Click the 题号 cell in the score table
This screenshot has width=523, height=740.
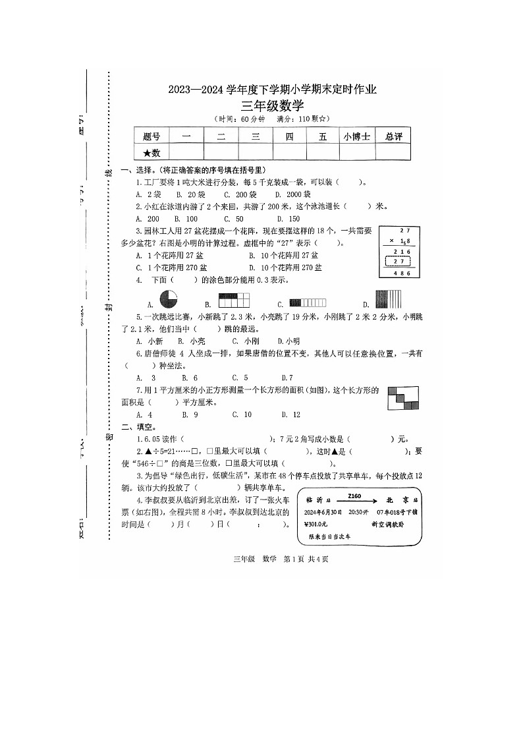click(151, 136)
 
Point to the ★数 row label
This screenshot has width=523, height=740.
click(151, 153)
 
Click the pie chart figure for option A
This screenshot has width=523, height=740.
click(169, 299)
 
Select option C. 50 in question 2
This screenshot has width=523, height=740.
click(233, 219)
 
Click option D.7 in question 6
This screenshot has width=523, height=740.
click(287, 378)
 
